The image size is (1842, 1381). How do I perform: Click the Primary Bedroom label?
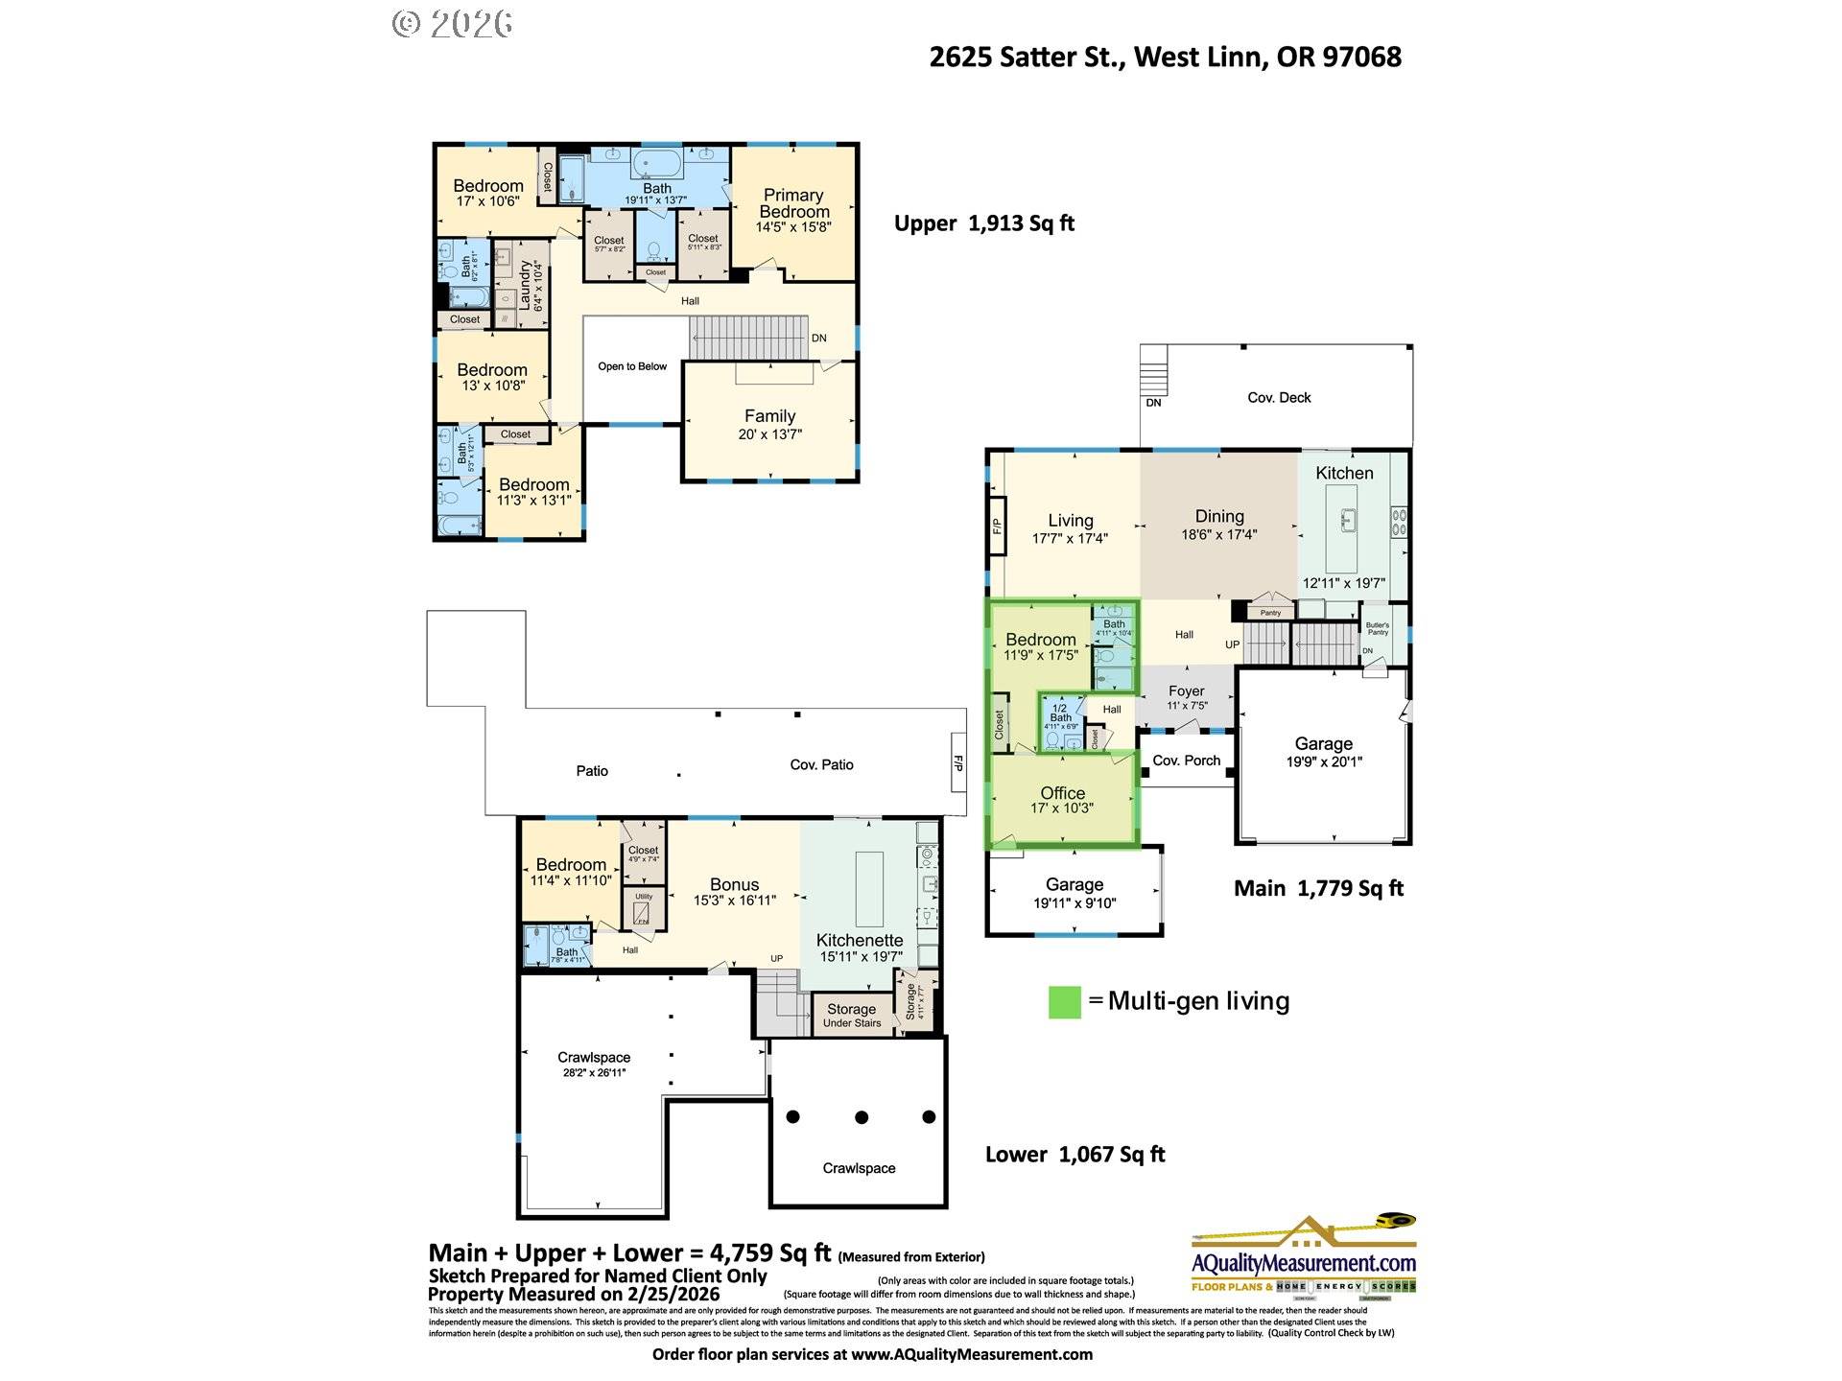click(x=793, y=203)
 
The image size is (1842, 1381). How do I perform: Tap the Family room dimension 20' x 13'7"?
click(x=769, y=434)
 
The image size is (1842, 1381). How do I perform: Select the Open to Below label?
click(x=631, y=366)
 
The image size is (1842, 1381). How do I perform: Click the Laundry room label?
click(x=526, y=285)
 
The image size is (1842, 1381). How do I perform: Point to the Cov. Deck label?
click(x=1278, y=397)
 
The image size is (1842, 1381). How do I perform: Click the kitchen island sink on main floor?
click(x=1348, y=521)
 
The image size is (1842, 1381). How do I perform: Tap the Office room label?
click(x=1062, y=793)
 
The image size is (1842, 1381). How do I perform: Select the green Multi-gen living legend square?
click(x=1064, y=1002)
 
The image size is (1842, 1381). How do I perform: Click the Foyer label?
click(x=1186, y=691)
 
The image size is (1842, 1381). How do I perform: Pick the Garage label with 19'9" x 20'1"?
click(x=1323, y=744)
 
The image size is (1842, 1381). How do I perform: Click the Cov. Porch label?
click(x=1186, y=761)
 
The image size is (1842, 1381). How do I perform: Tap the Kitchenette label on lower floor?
click(x=859, y=941)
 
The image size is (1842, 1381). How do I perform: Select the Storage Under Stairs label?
click(x=851, y=1015)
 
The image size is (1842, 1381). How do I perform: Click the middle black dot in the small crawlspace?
click(x=862, y=1117)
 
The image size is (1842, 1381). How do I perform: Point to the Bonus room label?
click(x=734, y=885)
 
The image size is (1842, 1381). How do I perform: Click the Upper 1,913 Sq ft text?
click(x=983, y=223)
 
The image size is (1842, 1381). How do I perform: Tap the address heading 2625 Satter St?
click(x=1165, y=58)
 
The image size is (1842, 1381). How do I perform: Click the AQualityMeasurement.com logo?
click(x=1303, y=1256)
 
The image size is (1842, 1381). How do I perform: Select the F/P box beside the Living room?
click(x=997, y=526)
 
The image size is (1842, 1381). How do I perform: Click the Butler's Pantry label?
click(x=1377, y=628)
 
